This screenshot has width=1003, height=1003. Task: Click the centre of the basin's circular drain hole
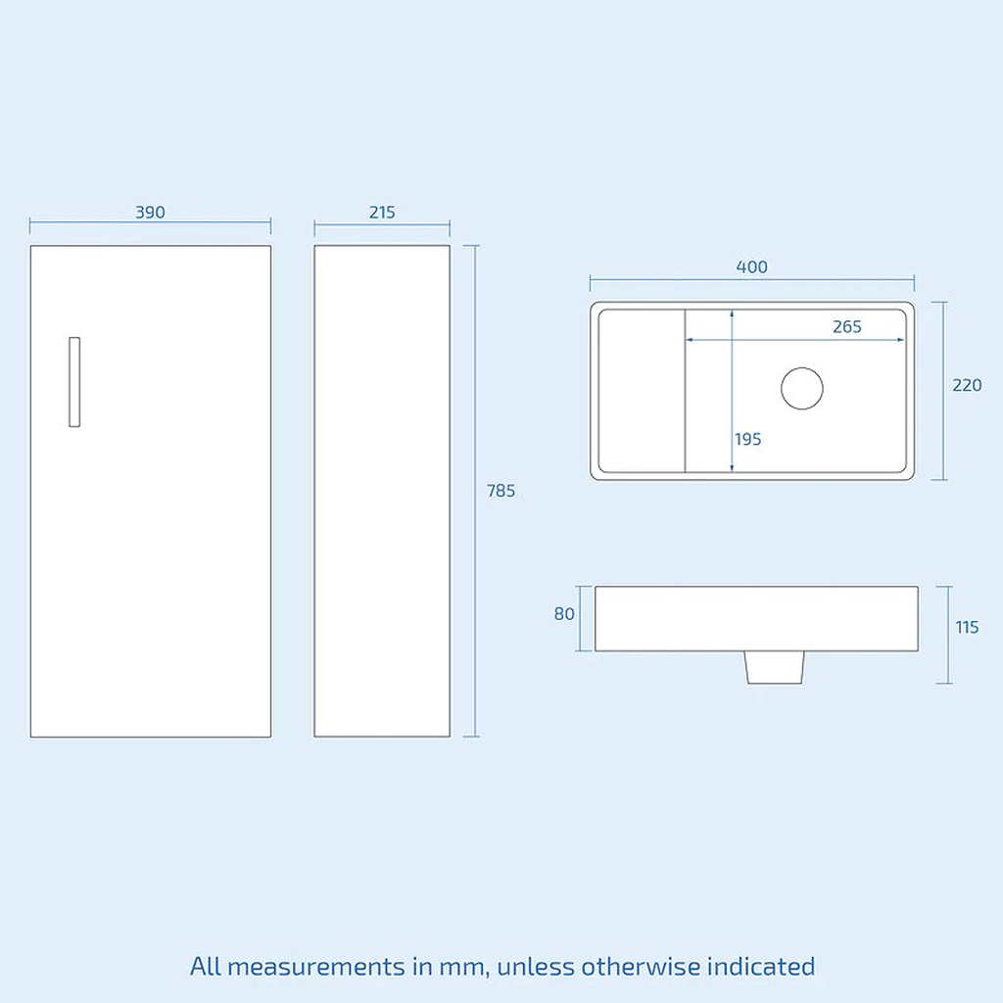point(801,388)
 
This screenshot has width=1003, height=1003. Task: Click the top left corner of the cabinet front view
point(30,246)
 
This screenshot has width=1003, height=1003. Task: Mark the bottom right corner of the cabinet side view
point(450,737)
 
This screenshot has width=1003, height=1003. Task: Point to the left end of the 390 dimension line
point(30,222)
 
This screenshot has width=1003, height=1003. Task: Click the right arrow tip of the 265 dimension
point(904,340)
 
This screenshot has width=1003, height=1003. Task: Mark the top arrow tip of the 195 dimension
point(732,310)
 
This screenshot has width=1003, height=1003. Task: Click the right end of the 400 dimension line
point(914,279)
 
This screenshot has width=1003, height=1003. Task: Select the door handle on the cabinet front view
point(74,382)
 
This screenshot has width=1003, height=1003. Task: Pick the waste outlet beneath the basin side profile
point(774,667)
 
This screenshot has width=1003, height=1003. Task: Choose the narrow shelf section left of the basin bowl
point(642,391)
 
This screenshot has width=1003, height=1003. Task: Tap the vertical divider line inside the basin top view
point(685,391)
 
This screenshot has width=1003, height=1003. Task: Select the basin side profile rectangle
point(757,619)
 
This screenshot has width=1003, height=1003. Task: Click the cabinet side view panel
point(382,491)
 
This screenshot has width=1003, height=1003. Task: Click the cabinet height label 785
point(501,491)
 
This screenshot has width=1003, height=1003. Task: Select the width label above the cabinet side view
point(382,212)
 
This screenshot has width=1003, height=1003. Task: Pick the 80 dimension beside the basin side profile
point(564,614)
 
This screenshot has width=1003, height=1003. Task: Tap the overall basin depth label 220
point(967,385)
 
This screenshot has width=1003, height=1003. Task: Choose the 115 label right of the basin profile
point(967,627)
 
